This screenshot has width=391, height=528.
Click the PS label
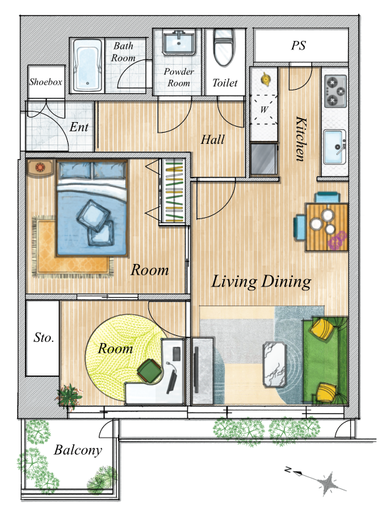click(299, 46)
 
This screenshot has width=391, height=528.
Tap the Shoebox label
click(45, 82)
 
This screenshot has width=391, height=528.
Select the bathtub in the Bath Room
click(88, 65)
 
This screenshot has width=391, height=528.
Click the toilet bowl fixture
click(224, 47)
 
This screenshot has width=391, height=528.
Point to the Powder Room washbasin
click(179, 42)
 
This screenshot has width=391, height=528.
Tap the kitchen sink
click(335, 147)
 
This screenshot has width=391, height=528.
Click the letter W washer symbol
click(264, 110)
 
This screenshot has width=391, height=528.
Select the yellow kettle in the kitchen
click(266, 79)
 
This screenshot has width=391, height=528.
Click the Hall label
click(213, 139)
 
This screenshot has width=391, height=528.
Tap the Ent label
click(78, 127)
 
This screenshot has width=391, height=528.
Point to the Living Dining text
click(261, 282)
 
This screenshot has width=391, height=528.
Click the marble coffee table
click(274, 364)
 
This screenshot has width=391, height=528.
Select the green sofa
click(325, 360)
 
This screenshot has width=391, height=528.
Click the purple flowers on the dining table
click(338, 240)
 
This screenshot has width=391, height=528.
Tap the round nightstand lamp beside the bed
click(40, 167)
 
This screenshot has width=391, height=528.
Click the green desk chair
click(150, 370)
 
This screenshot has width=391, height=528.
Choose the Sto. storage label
click(44, 337)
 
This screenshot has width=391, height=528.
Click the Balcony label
click(78, 450)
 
